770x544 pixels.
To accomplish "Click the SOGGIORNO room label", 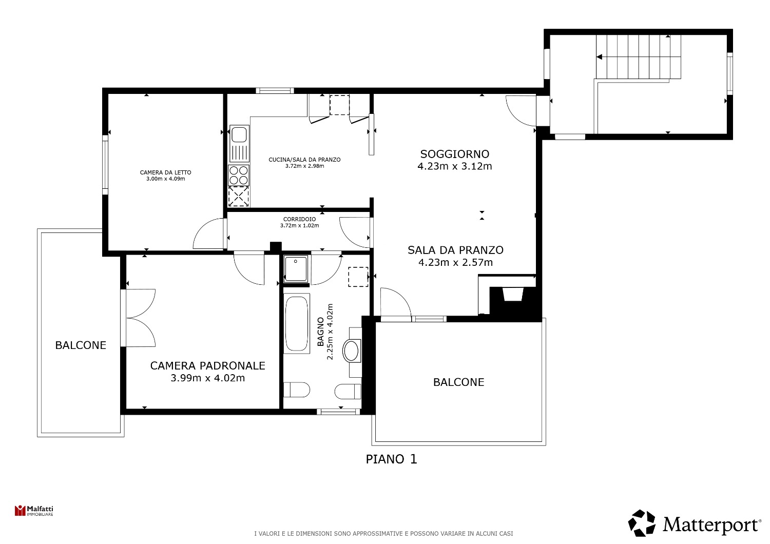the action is click(x=454, y=154).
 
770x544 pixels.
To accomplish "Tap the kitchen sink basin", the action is click(x=239, y=134).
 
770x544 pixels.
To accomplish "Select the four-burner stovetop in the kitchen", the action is click(x=239, y=176).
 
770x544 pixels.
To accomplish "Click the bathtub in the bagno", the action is click(x=296, y=324).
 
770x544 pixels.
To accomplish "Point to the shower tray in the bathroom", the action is click(x=296, y=269).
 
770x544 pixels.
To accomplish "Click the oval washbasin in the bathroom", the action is click(x=351, y=351).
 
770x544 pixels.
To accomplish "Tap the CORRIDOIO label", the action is click(x=299, y=219).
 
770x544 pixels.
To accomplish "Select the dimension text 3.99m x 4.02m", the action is click(x=207, y=378).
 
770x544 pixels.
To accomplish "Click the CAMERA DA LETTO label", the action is click(x=165, y=172).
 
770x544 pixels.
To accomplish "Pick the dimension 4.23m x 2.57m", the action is click(x=455, y=263).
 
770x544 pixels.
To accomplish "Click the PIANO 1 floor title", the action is click(x=391, y=459).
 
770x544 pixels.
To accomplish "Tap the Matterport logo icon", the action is click(x=642, y=522).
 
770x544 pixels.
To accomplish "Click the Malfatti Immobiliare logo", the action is click(x=34, y=510).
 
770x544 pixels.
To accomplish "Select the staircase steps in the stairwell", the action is click(x=639, y=57).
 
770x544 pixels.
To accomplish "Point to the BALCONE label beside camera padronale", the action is click(x=81, y=345).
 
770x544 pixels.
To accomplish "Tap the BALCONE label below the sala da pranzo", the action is click(x=458, y=382).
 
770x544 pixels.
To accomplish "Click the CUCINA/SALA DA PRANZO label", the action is click(x=304, y=160).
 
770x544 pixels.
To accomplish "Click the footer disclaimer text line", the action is click(x=383, y=533).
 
